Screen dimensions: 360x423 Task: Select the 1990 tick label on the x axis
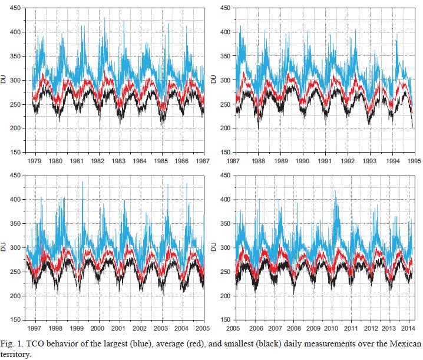303,160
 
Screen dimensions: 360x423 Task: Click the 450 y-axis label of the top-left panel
18,8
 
